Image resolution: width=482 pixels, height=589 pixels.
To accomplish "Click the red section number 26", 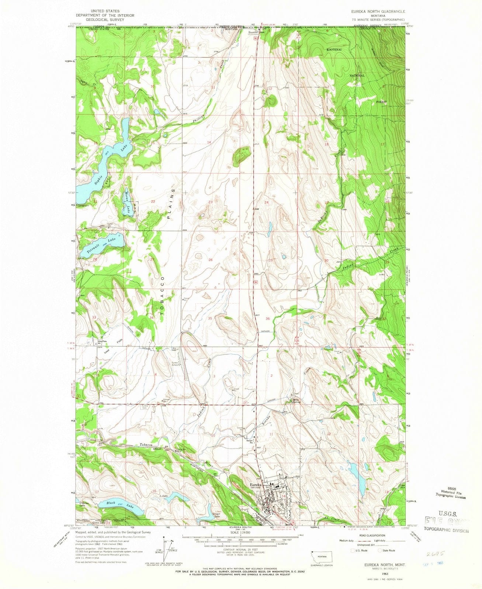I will pos(211,260).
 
